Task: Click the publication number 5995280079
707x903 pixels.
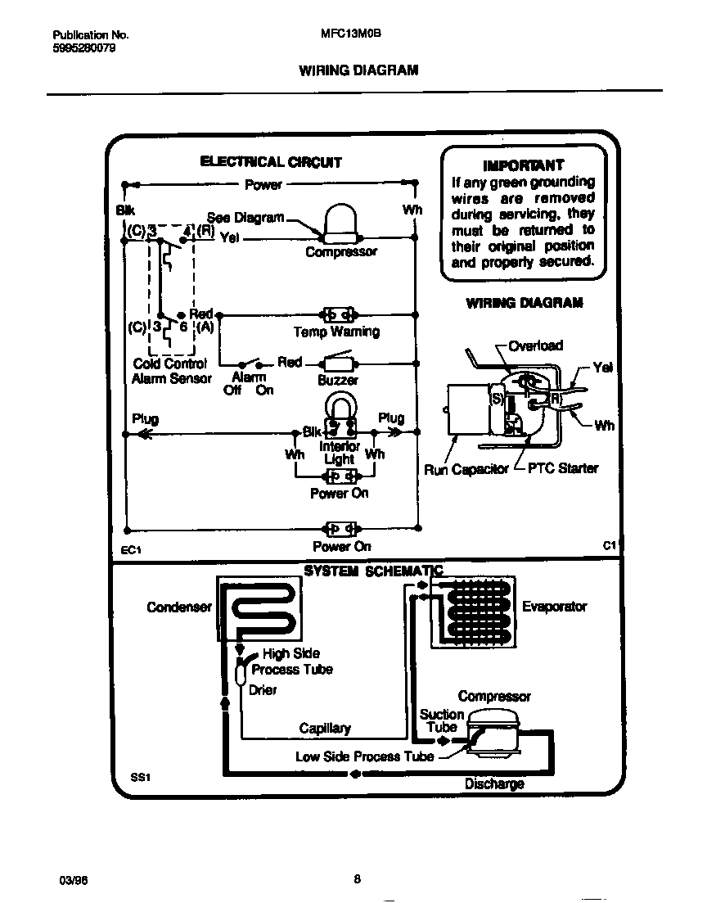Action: click(x=83, y=48)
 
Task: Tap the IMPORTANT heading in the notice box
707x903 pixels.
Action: click(x=524, y=165)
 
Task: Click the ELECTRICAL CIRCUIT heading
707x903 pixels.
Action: click(x=271, y=162)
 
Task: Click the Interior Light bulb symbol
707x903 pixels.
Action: click(x=339, y=412)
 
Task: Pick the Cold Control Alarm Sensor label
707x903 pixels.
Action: click(x=171, y=371)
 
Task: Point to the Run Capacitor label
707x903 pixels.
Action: click(x=466, y=469)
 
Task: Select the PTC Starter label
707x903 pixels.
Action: click(x=562, y=468)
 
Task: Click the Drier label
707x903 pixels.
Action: click(x=263, y=690)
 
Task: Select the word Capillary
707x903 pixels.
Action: click(x=325, y=728)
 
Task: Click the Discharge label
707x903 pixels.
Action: click(x=494, y=783)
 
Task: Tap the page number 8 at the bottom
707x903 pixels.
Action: click(x=357, y=879)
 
